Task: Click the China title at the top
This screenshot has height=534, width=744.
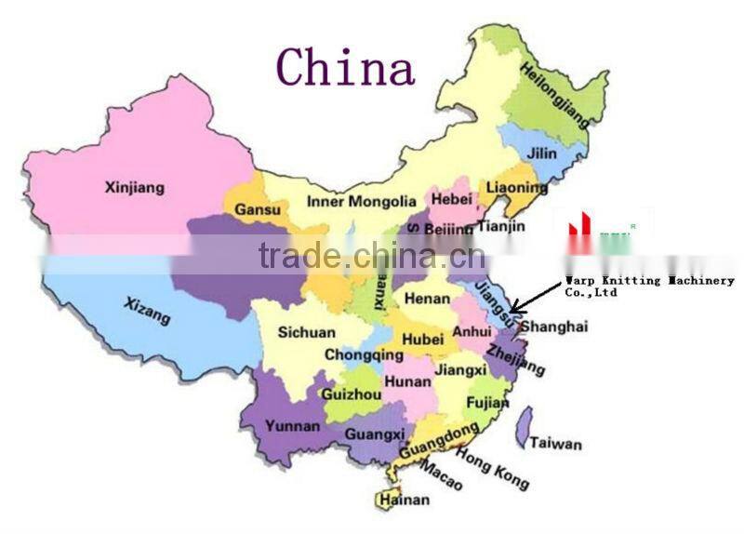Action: [x=346, y=67]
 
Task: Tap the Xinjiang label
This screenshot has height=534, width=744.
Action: [x=135, y=188]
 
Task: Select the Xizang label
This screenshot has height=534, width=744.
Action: [x=148, y=310]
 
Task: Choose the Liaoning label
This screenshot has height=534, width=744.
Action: [x=517, y=188]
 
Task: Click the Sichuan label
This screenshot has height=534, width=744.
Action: [x=307, y=332]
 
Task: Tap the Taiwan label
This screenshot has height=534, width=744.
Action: [x=556, y=444]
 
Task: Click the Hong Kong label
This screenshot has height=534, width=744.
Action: [x=494, y=469]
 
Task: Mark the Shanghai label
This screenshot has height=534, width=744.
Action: [x=554, y=327]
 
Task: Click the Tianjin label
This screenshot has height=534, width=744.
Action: [x=500, y=226]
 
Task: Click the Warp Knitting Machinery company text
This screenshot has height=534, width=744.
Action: [x=649, y=286]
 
